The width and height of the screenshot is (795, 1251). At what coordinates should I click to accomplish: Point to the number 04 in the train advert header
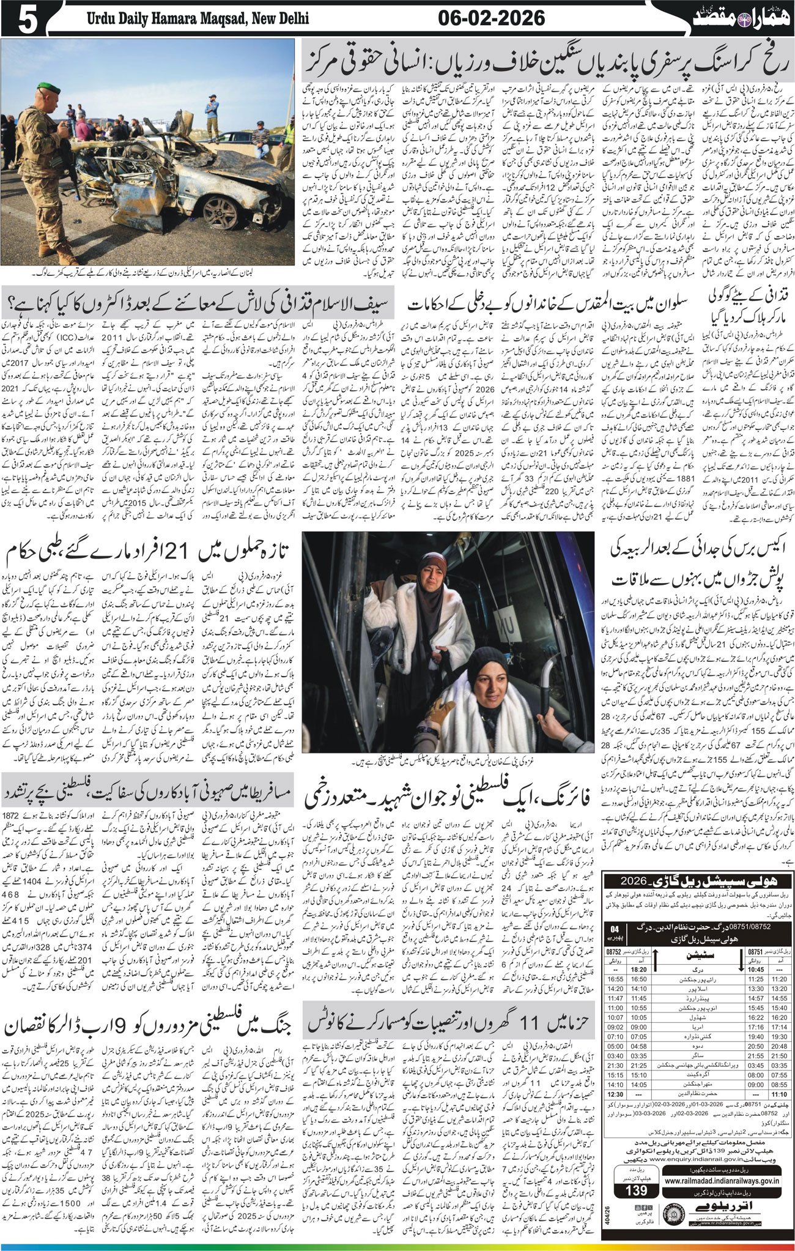615,930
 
